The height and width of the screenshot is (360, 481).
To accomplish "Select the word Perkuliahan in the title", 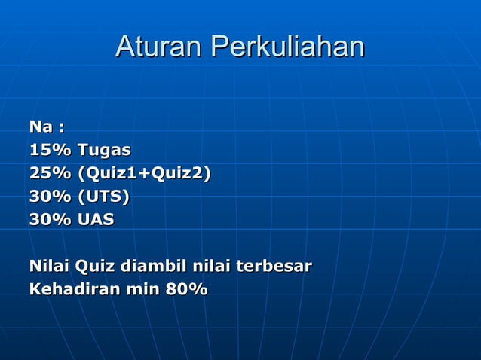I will pyautogui.click(x=287, y=47).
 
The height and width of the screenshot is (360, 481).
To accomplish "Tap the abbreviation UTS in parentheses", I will pyautogui.click(x=103, y=197).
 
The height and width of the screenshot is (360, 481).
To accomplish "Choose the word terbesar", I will pyautogui.click(x=274, y=267).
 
